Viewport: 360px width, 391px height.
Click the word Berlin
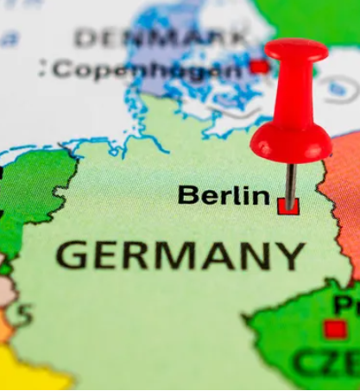click(x=224, y=195)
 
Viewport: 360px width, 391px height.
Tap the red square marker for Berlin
click(x=287, y=205)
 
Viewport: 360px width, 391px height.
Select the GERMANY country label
click(x=180, y=255)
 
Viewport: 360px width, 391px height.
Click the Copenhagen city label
click(x=147, y=69)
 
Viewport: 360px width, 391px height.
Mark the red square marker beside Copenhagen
click(x=259, y=66)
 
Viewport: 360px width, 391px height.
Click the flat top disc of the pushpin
click(x=296, y=49)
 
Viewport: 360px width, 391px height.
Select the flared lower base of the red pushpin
click(x=291, y=142)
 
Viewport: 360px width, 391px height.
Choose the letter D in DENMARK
click(x=85, y=38)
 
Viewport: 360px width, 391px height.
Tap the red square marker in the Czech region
click(x=335, y=329)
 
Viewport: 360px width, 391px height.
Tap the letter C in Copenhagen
click(x=60, y=69)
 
